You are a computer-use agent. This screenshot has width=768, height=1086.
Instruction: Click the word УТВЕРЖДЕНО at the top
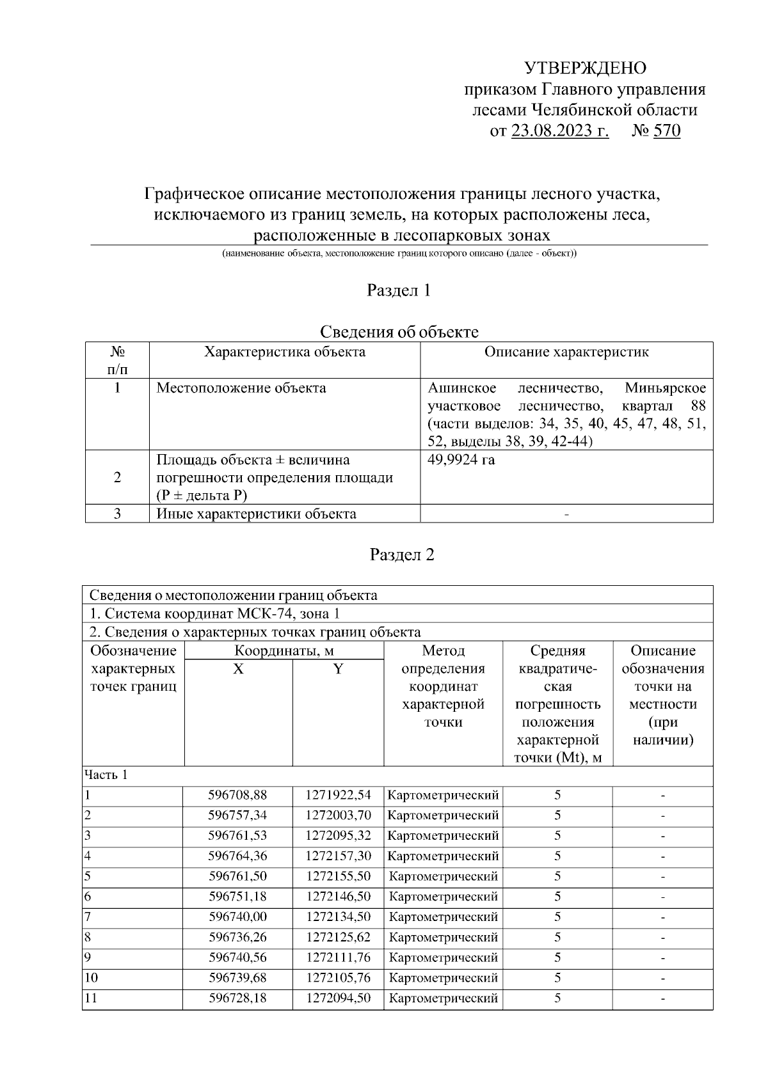[585, 68]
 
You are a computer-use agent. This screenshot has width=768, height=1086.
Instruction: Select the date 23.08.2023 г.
[560, 131]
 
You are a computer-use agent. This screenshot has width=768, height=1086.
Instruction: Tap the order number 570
[667, 131]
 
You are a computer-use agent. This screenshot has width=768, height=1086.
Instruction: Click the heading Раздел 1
[399, 290]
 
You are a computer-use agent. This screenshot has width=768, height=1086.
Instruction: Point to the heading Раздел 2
[402, 555]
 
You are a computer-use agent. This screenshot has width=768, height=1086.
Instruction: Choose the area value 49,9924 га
[461, 460]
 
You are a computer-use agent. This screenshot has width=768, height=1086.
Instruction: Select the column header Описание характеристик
[566, 352]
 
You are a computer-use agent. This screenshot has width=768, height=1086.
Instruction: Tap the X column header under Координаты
[238, 670]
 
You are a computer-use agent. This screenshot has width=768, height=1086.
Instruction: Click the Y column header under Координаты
[338, 670]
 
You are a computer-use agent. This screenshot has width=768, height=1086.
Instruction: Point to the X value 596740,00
[237, 917]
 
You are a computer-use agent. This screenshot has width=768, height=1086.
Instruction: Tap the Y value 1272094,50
[338, 998]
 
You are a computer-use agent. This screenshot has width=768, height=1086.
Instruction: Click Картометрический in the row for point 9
[443, 958]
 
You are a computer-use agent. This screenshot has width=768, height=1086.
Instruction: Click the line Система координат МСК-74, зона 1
[214, 614]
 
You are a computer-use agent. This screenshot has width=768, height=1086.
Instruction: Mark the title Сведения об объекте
[399, 332]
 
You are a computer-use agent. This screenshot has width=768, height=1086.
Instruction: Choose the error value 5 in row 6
[557, 897]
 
